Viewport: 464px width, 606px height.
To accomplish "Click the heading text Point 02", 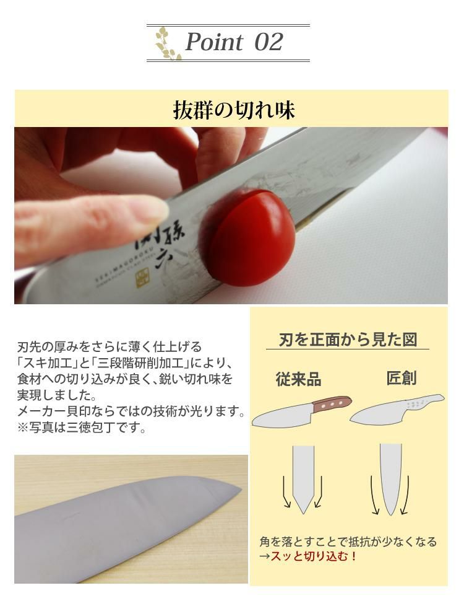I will pos(234,42).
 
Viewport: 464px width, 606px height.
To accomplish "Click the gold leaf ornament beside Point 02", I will pos(167,43).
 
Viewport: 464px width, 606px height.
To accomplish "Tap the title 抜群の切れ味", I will pos(234,110).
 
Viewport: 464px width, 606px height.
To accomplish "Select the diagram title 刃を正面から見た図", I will pos(348,340).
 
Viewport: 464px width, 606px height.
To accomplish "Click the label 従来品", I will pos(298,379).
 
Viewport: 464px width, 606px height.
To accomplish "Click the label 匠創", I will pos(402,378).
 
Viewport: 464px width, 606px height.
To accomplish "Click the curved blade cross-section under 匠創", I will pos(390,480).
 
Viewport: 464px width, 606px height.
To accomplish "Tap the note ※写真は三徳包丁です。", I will pos(82,428).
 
